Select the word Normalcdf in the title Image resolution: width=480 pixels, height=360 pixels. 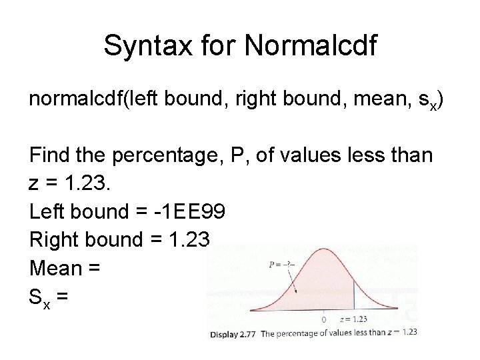(311, 46)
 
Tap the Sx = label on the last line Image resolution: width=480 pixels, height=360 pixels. (48, 297)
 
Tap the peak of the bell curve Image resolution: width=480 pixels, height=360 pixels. (325, 249)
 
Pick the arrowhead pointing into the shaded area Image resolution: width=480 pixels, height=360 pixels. (295, 293)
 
